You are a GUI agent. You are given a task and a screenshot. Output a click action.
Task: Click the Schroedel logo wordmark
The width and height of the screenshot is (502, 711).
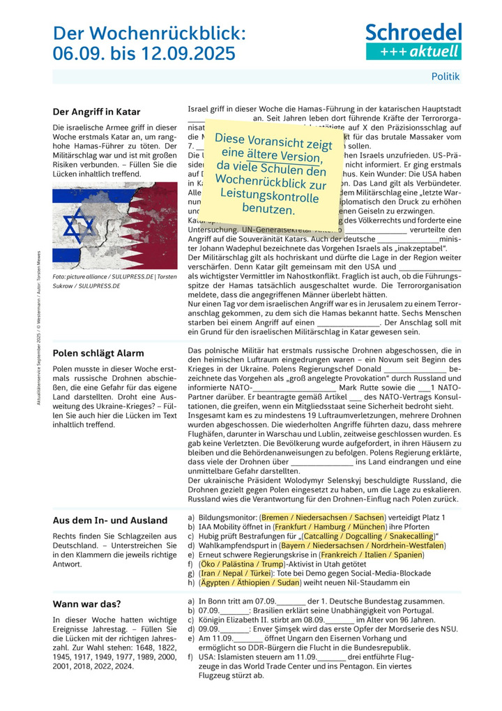point(413,32)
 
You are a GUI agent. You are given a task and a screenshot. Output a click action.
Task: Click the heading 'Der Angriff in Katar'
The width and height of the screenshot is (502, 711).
point(96,112)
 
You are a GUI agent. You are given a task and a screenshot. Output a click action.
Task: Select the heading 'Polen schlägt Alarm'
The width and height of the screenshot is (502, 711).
point(98,353)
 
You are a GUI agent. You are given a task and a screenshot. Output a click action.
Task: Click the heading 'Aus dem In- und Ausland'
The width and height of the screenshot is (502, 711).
point(110,520)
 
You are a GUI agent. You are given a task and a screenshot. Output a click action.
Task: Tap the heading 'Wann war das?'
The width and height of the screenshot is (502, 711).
point(86,604)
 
